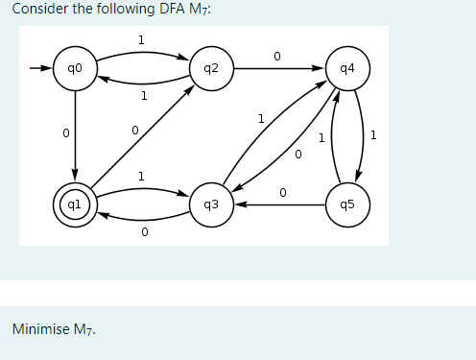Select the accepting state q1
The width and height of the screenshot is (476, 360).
[x=74, y=204]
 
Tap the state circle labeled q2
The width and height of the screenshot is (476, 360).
[x=211, y=69]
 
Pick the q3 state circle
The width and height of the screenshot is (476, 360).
[x=211, y=204]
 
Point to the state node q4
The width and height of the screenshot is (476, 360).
[x=346, y=69]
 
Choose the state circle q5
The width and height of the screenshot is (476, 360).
[x=346, y=204]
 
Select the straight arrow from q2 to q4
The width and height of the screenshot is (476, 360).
[x=278, y=69]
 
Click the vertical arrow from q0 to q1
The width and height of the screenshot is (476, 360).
[x=74, y=134]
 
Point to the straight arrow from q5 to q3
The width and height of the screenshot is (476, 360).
[x=278, y=204]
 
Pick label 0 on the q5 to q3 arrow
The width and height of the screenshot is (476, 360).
[x=282, y=192]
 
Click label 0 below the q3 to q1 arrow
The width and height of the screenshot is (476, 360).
[x=143, y=231]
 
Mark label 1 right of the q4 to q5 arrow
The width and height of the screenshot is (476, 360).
[x=373, y=134]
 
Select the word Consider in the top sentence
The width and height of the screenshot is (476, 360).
[x=37, y=10]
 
